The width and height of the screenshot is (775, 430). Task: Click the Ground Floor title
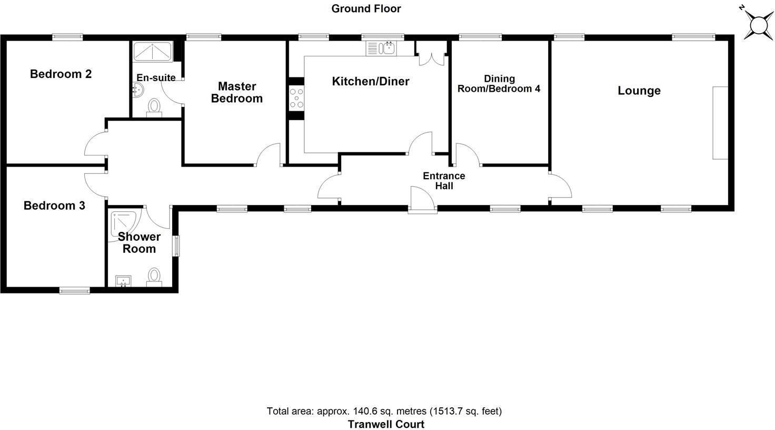tap(366, 8)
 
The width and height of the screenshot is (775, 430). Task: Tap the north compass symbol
tap(758, 25)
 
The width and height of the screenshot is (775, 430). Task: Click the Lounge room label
tap(639, 91)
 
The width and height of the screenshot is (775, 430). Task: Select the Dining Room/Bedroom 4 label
tap(499, 84)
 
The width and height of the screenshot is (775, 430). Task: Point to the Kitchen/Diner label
tap(370, 81)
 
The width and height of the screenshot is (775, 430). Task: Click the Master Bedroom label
tap(236, 92)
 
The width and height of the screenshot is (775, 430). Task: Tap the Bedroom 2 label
tap(61, 74)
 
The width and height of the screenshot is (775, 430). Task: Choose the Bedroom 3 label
tap(54, 206)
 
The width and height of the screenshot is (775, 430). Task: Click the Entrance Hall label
tap(444, 181)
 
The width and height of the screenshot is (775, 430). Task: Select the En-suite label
tap(156, 78)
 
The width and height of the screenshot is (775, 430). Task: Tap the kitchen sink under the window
tap(389, 48)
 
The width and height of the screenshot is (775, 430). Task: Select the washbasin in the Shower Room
tap(122, 281)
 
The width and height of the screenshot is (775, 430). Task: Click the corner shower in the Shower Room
tap(124, 224)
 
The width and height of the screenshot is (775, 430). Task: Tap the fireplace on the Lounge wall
tap(720, 123)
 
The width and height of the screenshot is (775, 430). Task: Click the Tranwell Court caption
tap(385, 424)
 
